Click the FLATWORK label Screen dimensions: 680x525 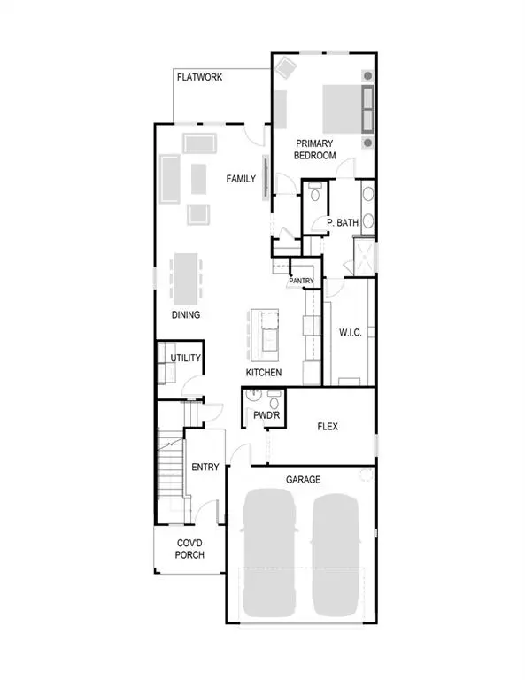[x=199, y=78]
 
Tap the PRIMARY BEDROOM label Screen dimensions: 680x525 [x=316, y=149]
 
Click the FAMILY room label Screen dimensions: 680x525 [x=241, y=179]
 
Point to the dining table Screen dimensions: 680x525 [x=186, y=278]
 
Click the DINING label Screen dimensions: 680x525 [x=186, y=315]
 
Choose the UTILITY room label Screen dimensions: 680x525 [x=186, y=358]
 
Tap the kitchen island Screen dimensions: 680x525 [x=265, y=331]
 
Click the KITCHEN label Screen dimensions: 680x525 [x=264, y=373]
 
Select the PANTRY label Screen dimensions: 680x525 [x=302, y=282]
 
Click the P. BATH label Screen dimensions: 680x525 [x=342, y=223]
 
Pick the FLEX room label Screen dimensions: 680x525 [x=328, y=426]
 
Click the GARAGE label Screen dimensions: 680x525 [x=303, y=479]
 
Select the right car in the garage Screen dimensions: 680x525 [x=337, y=554]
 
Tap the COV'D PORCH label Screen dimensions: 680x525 [x=189, y=549]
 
